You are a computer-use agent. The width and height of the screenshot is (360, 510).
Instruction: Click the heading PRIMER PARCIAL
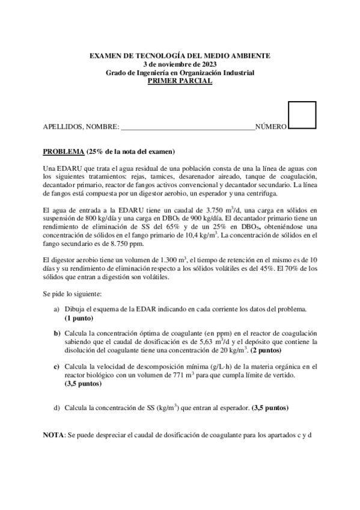tap(180, 81)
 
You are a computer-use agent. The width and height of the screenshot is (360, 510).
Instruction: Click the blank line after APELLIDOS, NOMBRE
tap(188, 127)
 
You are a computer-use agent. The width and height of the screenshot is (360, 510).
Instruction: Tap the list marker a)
tap(56, 309)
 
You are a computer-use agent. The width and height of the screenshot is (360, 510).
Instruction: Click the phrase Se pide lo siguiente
tap(72, 294)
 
